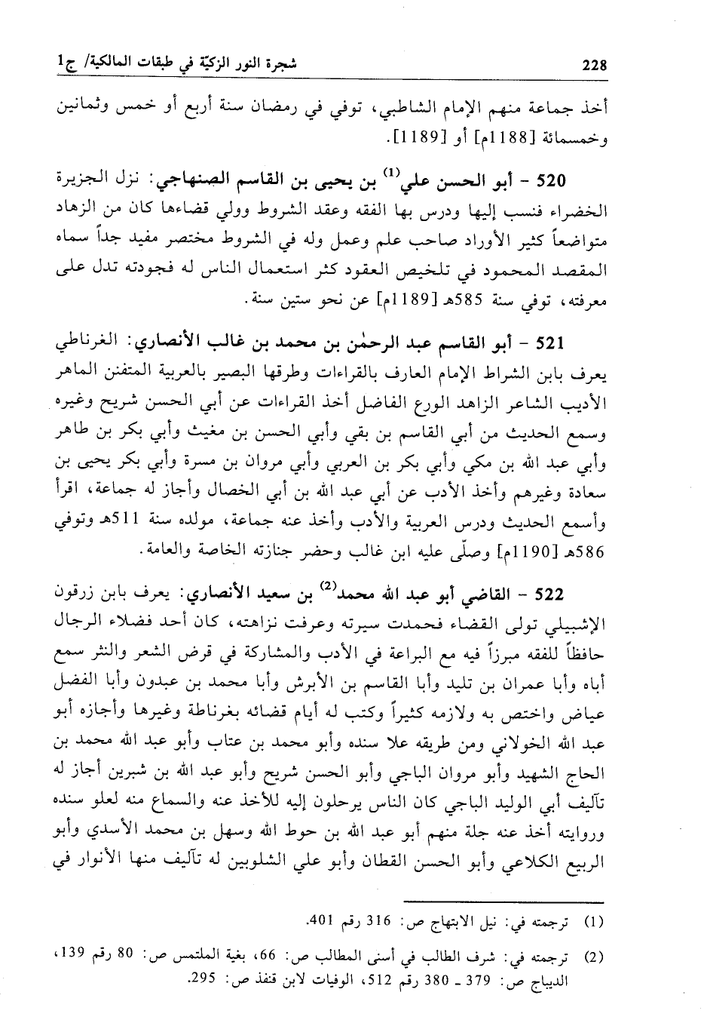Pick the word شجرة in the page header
point(280,64)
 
